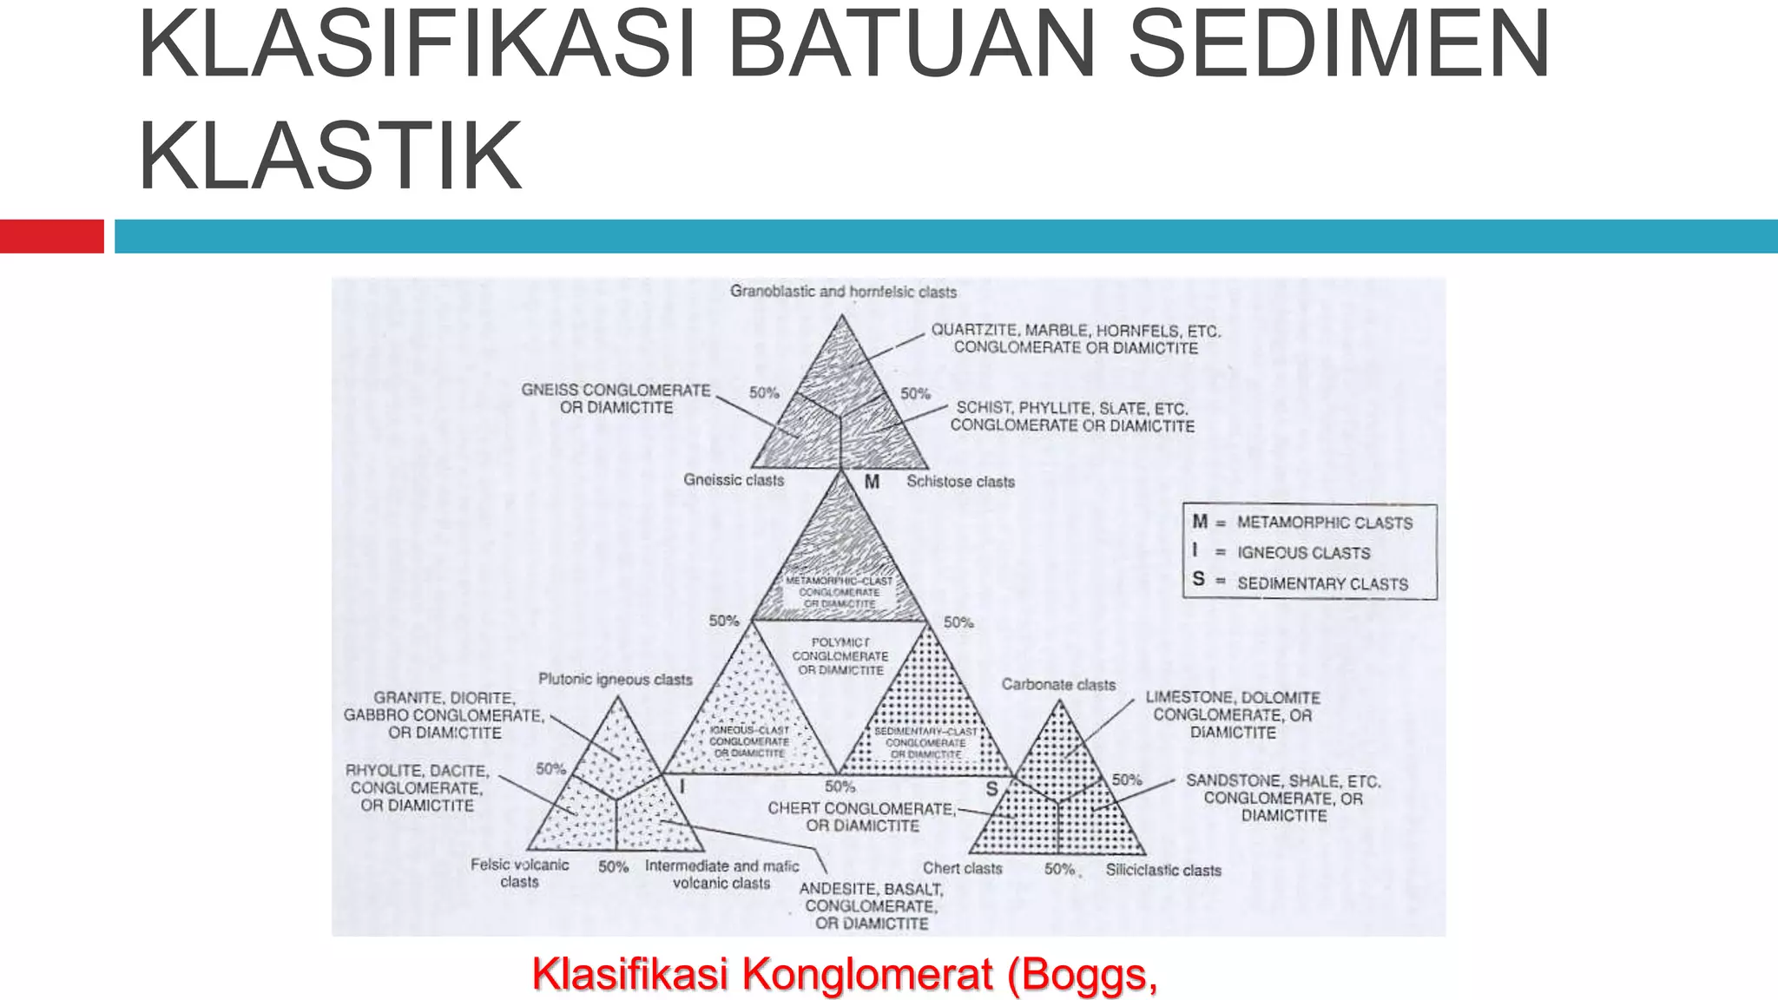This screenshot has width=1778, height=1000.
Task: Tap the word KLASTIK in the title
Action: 330,156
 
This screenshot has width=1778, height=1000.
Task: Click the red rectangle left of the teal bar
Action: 51,236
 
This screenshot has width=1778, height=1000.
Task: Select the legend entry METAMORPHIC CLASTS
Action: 1324,523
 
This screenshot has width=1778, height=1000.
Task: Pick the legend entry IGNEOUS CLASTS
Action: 1303,553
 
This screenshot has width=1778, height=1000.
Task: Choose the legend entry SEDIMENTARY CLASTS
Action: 1322,583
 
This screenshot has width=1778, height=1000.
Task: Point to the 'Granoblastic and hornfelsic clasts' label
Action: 843,292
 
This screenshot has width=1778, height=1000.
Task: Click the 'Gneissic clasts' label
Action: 734,480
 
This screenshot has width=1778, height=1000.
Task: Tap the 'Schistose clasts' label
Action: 960,482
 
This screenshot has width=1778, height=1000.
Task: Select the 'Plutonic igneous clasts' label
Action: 616,679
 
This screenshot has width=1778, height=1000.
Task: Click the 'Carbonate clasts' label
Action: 1058,684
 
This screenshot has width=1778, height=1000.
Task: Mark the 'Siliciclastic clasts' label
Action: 1163,870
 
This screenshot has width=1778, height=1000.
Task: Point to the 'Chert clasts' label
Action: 962,868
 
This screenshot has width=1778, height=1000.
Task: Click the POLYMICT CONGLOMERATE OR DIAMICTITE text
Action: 840,656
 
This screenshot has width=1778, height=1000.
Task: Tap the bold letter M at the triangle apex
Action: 872,482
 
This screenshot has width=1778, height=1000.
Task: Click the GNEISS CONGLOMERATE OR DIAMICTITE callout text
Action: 616,399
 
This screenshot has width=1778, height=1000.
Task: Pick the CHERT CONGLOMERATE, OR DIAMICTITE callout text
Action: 861,817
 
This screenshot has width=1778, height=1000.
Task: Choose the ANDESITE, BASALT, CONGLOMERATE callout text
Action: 871,905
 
